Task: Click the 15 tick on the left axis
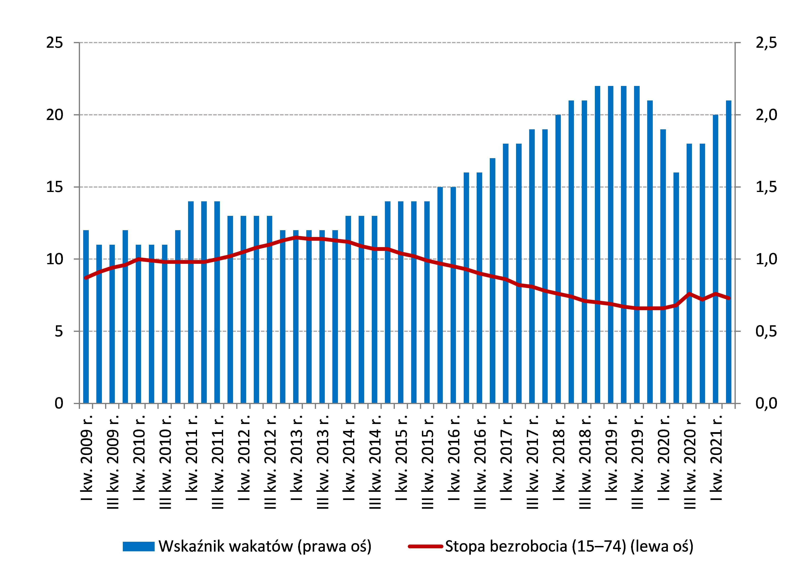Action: [x=54, y=187]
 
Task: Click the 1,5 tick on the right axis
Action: [x=765, y=187]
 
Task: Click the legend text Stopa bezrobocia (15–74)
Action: [x=569, y=547]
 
